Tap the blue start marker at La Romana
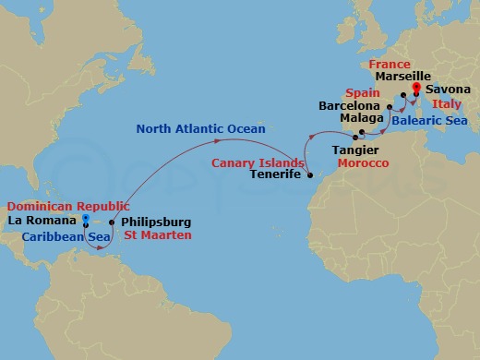(85, 220)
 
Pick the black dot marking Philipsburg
(112, 222)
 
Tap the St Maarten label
(158, 236)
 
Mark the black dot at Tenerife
(309, 175)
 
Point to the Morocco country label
(363, 162)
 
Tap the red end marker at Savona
(415, 89)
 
